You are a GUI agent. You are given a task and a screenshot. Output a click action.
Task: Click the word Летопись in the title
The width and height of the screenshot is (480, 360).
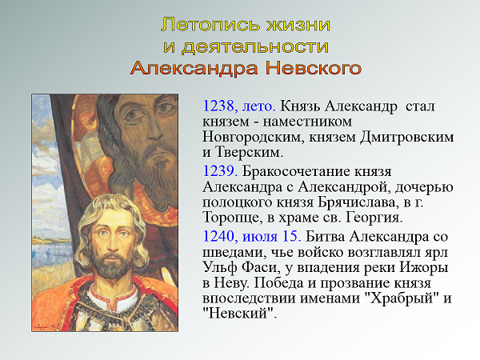[x=211, y=25]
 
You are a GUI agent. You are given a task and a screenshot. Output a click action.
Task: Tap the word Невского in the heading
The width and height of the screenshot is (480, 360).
[x=313, y=68]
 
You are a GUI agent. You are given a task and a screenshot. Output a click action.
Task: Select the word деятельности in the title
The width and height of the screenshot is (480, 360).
[x=255, y=47]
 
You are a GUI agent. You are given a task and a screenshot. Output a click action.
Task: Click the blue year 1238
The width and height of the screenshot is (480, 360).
[x=218, y=106]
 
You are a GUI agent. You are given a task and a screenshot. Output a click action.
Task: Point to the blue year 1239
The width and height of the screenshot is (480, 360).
[x=220, y=171]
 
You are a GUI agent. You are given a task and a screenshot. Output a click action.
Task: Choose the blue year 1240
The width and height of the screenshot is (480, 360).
[x=218, y=236]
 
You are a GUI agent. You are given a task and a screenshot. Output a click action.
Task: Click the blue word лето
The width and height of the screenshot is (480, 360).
[x=259, y=106]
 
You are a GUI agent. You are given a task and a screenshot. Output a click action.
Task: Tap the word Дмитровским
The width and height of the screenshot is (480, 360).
[x=407, y=137]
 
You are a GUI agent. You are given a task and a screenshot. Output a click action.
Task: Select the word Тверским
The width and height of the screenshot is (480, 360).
[x=249, y=152]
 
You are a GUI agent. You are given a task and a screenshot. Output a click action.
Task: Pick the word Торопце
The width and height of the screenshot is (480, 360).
[x=232, y=218]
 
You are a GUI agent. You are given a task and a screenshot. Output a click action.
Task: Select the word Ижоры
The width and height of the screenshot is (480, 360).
[x=424, y=267]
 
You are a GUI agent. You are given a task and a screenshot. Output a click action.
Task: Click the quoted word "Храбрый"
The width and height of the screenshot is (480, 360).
[x=402, y=298]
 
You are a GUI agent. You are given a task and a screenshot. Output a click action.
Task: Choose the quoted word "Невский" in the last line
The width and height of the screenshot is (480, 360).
[x=240, y=313]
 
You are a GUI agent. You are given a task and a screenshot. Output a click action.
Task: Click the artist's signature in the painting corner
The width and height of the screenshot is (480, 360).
[x=45, y=326]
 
